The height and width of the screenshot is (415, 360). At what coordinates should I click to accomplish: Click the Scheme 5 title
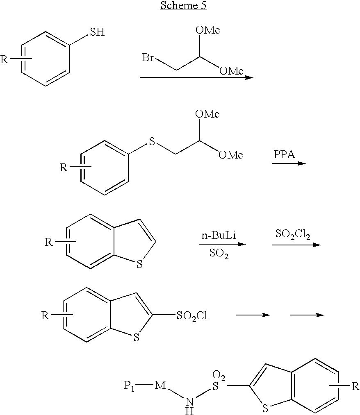coord(183,5)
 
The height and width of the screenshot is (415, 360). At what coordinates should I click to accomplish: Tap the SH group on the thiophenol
coord(97,32)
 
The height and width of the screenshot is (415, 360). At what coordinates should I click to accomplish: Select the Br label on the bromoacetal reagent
coord(148,57)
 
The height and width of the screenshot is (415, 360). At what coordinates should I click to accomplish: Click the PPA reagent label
coord(284,154)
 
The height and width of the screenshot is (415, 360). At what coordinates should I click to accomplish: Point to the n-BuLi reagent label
coord(219,235)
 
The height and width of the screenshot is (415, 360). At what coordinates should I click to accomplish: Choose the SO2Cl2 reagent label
coord(293,234)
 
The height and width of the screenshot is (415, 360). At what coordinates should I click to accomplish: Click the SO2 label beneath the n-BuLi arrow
coord(219,254)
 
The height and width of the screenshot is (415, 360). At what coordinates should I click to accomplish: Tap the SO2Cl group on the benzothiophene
coord(192,315)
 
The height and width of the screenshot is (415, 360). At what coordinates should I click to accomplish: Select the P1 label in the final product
coord(129,386)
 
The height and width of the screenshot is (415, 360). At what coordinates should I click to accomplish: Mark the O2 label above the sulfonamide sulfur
coord(219,376)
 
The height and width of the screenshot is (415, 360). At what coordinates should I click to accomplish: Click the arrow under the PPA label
coord(289,163)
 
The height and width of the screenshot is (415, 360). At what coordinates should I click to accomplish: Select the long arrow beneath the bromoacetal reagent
coord(196,77)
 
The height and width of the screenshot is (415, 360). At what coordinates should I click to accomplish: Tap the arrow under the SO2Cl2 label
coord(296,245)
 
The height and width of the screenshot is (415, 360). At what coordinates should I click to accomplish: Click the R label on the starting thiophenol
coord(4,59)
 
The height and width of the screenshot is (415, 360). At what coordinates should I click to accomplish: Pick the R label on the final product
coord(355,387)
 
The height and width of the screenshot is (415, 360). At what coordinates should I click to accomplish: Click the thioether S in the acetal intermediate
coord(152,141)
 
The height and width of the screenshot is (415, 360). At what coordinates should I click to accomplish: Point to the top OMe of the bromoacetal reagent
coord(208,30)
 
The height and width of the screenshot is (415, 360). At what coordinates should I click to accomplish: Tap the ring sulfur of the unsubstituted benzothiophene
coord(139,264)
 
